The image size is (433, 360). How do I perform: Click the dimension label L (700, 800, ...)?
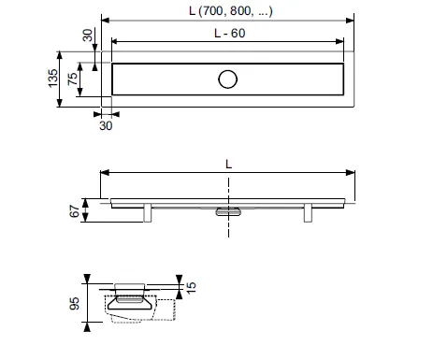click(x=231, y=11)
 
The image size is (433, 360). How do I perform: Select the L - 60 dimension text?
click(x=230, y=33)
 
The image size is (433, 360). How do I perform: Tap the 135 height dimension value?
click(x=53, y=79)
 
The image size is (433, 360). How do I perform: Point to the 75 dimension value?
click(x=72, y=79)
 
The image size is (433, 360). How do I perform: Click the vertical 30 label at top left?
click(x=88, y=36)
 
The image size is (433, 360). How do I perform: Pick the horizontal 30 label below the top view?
click(x=106, y=125)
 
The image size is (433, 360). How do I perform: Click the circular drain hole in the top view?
click(x=228, y=79)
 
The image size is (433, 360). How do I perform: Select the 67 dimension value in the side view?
click(x=75, y=211)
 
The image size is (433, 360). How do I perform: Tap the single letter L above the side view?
click(x=228, y=164)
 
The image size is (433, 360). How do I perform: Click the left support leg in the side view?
click(x=148, y=213)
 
